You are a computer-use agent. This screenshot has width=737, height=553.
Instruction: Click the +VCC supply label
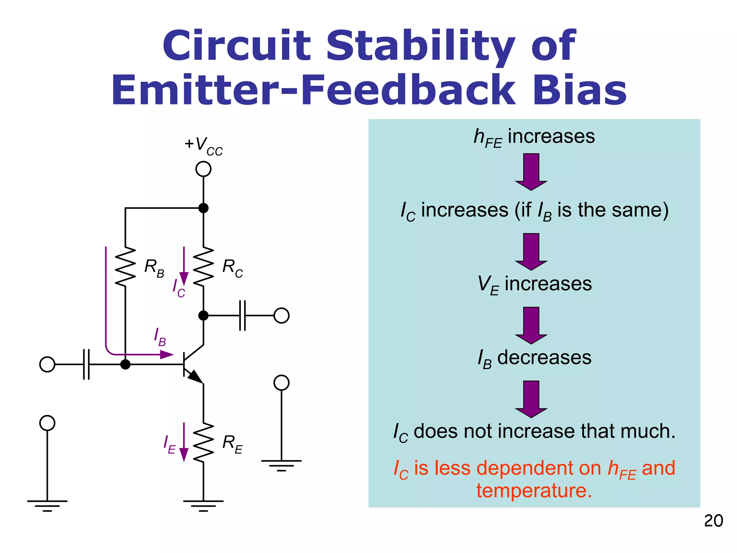point(204,146)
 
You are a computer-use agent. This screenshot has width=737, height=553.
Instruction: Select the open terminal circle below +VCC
point(203,169)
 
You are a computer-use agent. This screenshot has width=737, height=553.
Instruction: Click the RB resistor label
point(154,268)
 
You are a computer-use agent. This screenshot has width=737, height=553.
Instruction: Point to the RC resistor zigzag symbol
point(203,266)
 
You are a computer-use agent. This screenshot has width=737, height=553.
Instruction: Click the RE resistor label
point(232,444)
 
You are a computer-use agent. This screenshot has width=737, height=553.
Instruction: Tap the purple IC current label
point(178,288)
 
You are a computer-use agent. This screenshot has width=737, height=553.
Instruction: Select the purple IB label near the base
point(160,337)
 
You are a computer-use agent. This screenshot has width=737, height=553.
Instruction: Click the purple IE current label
point(169,445)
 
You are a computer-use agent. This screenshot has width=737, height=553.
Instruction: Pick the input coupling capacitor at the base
point(86,364)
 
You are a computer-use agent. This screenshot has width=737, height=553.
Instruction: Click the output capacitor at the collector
point(243,315)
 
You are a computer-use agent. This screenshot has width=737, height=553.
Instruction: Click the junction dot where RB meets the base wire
point(125,364)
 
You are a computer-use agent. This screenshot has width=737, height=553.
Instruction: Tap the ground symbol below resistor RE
point(203,505)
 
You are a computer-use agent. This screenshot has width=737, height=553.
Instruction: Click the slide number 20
point(713,521)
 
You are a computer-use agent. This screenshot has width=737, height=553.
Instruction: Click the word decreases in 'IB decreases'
point(544,358)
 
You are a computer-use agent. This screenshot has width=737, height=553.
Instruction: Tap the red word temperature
point(534,491)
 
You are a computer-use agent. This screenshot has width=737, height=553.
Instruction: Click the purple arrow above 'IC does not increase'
point(531,399)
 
